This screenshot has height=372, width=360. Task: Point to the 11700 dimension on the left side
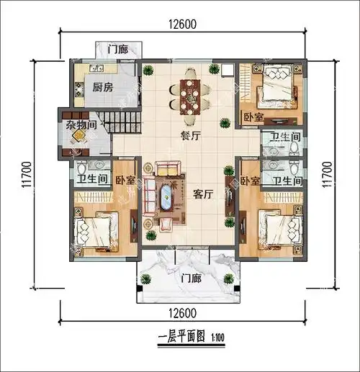(x=26, y=175)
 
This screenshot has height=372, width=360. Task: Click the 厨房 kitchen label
(x=103, y=89)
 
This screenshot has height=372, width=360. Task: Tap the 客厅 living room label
(x=203, y=194)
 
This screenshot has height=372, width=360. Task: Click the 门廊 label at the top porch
(x=118, y=50)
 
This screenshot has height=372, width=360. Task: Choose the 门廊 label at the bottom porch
(x=191, y=278)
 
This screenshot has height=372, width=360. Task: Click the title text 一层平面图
(x=179, y=336)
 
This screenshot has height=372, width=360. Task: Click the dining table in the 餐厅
(x=190, y=96)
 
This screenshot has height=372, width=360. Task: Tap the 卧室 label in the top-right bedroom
(x=253, y=117)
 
